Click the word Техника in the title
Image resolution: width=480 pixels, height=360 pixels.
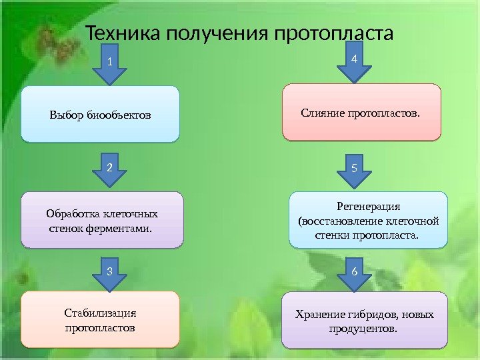coord(119,33)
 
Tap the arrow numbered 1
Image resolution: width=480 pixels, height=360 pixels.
coord(109,67)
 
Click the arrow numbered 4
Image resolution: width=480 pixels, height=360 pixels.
coord(353,65)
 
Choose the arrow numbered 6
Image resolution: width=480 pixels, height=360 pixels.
coord(353,275)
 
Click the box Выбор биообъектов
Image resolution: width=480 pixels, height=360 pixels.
coord(100,114)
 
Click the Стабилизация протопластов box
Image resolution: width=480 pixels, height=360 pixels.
coord(100,319)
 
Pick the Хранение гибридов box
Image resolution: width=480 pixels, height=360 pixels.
coord(364,320)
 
